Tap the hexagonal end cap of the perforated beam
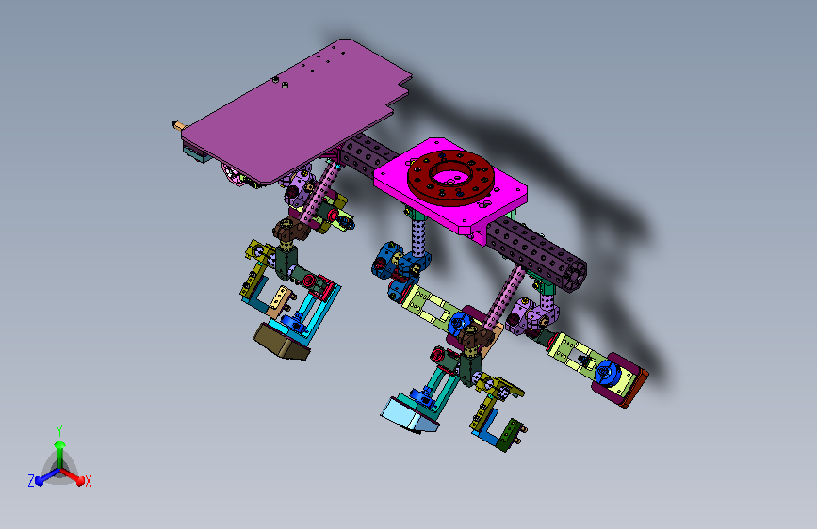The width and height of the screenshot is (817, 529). click(575, 273)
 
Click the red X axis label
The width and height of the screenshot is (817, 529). click(88, 481)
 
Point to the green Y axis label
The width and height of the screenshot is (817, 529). click(59, 430)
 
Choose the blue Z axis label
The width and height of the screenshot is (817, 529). click(31, 481)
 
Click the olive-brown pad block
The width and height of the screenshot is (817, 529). click(282, 342)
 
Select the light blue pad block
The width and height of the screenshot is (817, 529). click(408, 414)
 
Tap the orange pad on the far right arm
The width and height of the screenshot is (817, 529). click(636, 389)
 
